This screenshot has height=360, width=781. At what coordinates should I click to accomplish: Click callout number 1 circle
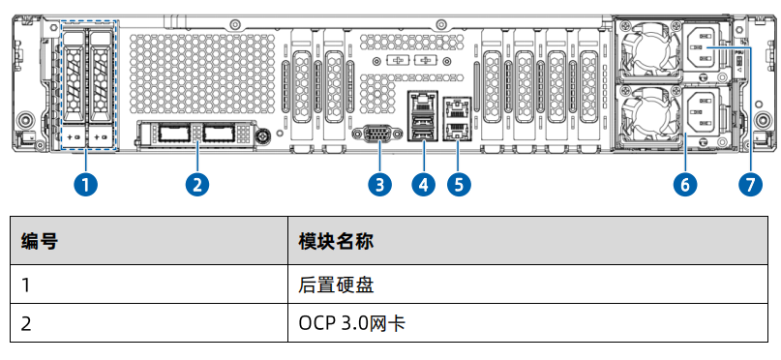[87, 184]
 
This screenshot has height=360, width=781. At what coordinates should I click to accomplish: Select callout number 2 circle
[198, 184]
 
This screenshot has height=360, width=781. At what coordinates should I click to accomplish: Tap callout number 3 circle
[380, 184]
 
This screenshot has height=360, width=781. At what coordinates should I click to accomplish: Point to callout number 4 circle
[423, 184]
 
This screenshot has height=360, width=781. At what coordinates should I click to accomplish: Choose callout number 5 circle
[459, 184]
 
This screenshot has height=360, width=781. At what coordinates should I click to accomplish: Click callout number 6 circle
[686, 184]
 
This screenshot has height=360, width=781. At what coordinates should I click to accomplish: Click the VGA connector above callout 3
[380, 136]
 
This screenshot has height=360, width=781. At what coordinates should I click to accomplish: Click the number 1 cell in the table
[27, 285]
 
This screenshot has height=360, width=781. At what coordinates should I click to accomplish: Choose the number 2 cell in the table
[27, 322]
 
